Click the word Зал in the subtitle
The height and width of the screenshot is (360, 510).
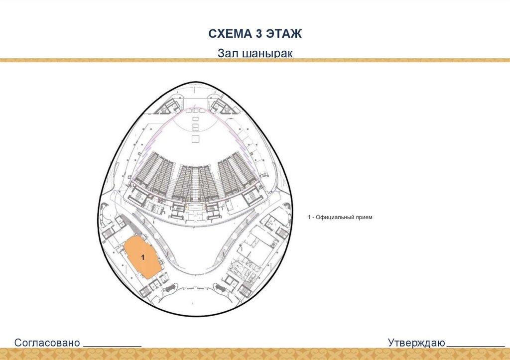pyautogui.click(x=228, y=53)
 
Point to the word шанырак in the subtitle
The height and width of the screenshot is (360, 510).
pyautogui.click(x=269, y=53)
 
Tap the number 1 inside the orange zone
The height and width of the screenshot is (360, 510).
pyautogui.click(x=143, y=257)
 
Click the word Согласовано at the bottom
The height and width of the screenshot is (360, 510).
pyautogui.click(x=47, y=343)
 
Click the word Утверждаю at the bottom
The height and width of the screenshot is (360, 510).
pyautogui.click(x=417, y=343)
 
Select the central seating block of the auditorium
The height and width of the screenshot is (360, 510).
pyautogui.click(x=196, y=182)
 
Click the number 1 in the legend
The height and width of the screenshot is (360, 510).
pyautogui.click(x=309, y=218)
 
